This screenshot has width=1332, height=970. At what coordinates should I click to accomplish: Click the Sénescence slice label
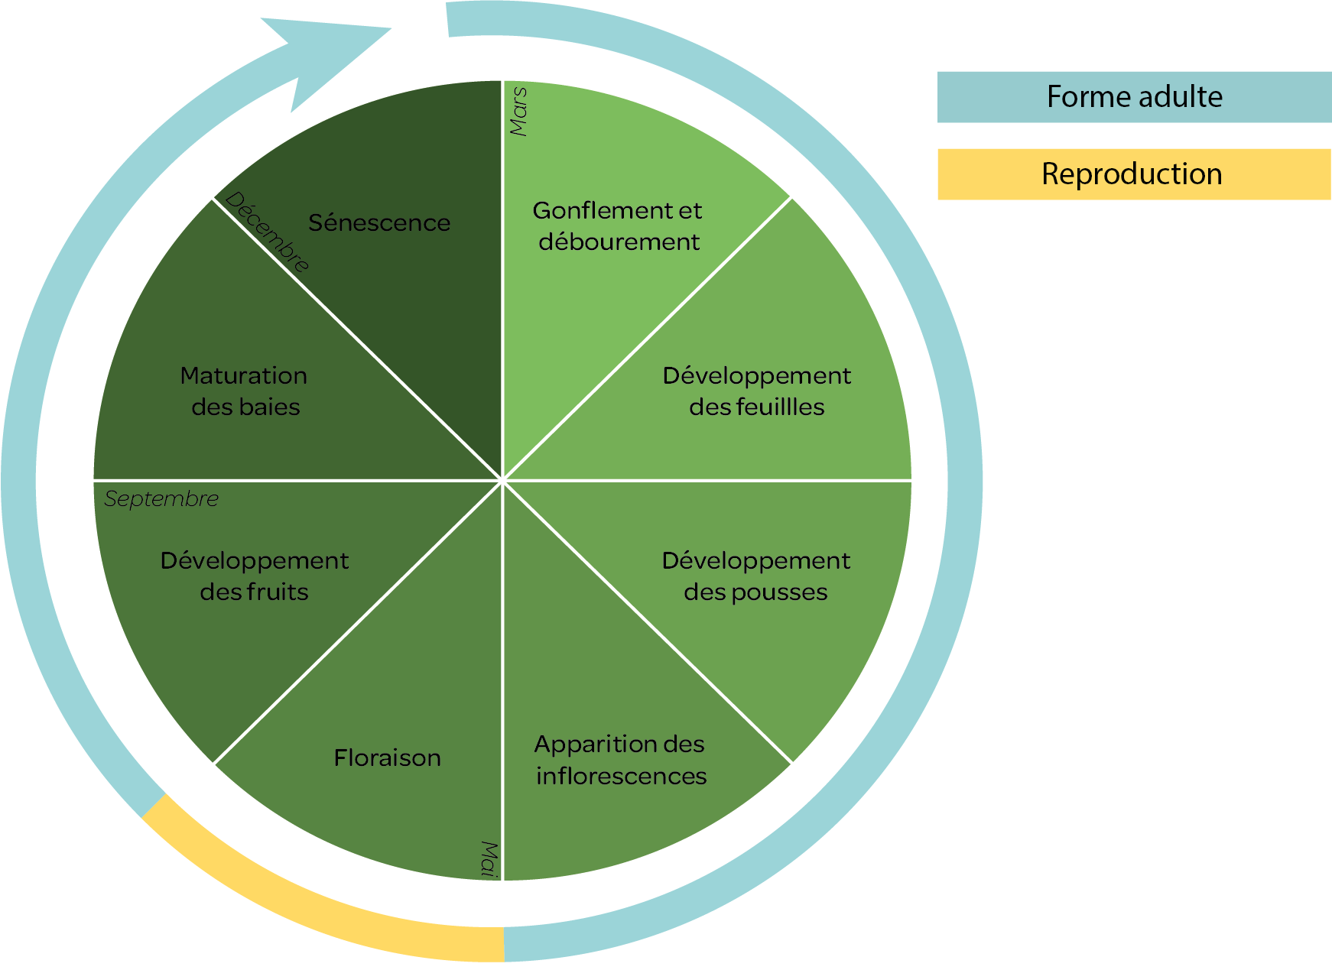tap(379, 223)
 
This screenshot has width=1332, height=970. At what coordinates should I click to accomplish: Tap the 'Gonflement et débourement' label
tap(618, 226)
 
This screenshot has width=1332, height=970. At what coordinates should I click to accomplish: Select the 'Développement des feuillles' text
tap(756, 391)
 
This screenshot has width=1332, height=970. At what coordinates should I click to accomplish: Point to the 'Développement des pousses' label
tap(755, 576)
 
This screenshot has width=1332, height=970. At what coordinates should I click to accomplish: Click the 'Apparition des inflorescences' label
tap(620, 760)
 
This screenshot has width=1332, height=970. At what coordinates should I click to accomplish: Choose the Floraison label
tap(388, 758)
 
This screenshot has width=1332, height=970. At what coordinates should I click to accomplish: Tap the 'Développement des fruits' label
tap(255, 576)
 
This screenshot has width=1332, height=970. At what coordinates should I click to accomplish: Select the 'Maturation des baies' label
tap(245, 391)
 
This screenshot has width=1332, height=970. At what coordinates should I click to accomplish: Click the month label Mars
tap(518, 112)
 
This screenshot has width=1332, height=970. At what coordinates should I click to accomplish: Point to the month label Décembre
tap(268, 232)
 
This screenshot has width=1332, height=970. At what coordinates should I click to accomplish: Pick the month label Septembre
tap(161, 499)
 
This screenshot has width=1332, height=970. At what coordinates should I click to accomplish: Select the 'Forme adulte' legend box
tap(1134, 97)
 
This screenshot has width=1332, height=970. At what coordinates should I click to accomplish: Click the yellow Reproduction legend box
tap(1134, 174)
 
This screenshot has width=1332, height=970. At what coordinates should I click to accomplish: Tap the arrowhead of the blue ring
tap(329, 61)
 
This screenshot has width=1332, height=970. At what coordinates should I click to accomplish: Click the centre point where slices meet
tap(502, 481)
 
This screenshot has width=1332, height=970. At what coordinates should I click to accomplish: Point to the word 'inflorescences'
tap(621, 777)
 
